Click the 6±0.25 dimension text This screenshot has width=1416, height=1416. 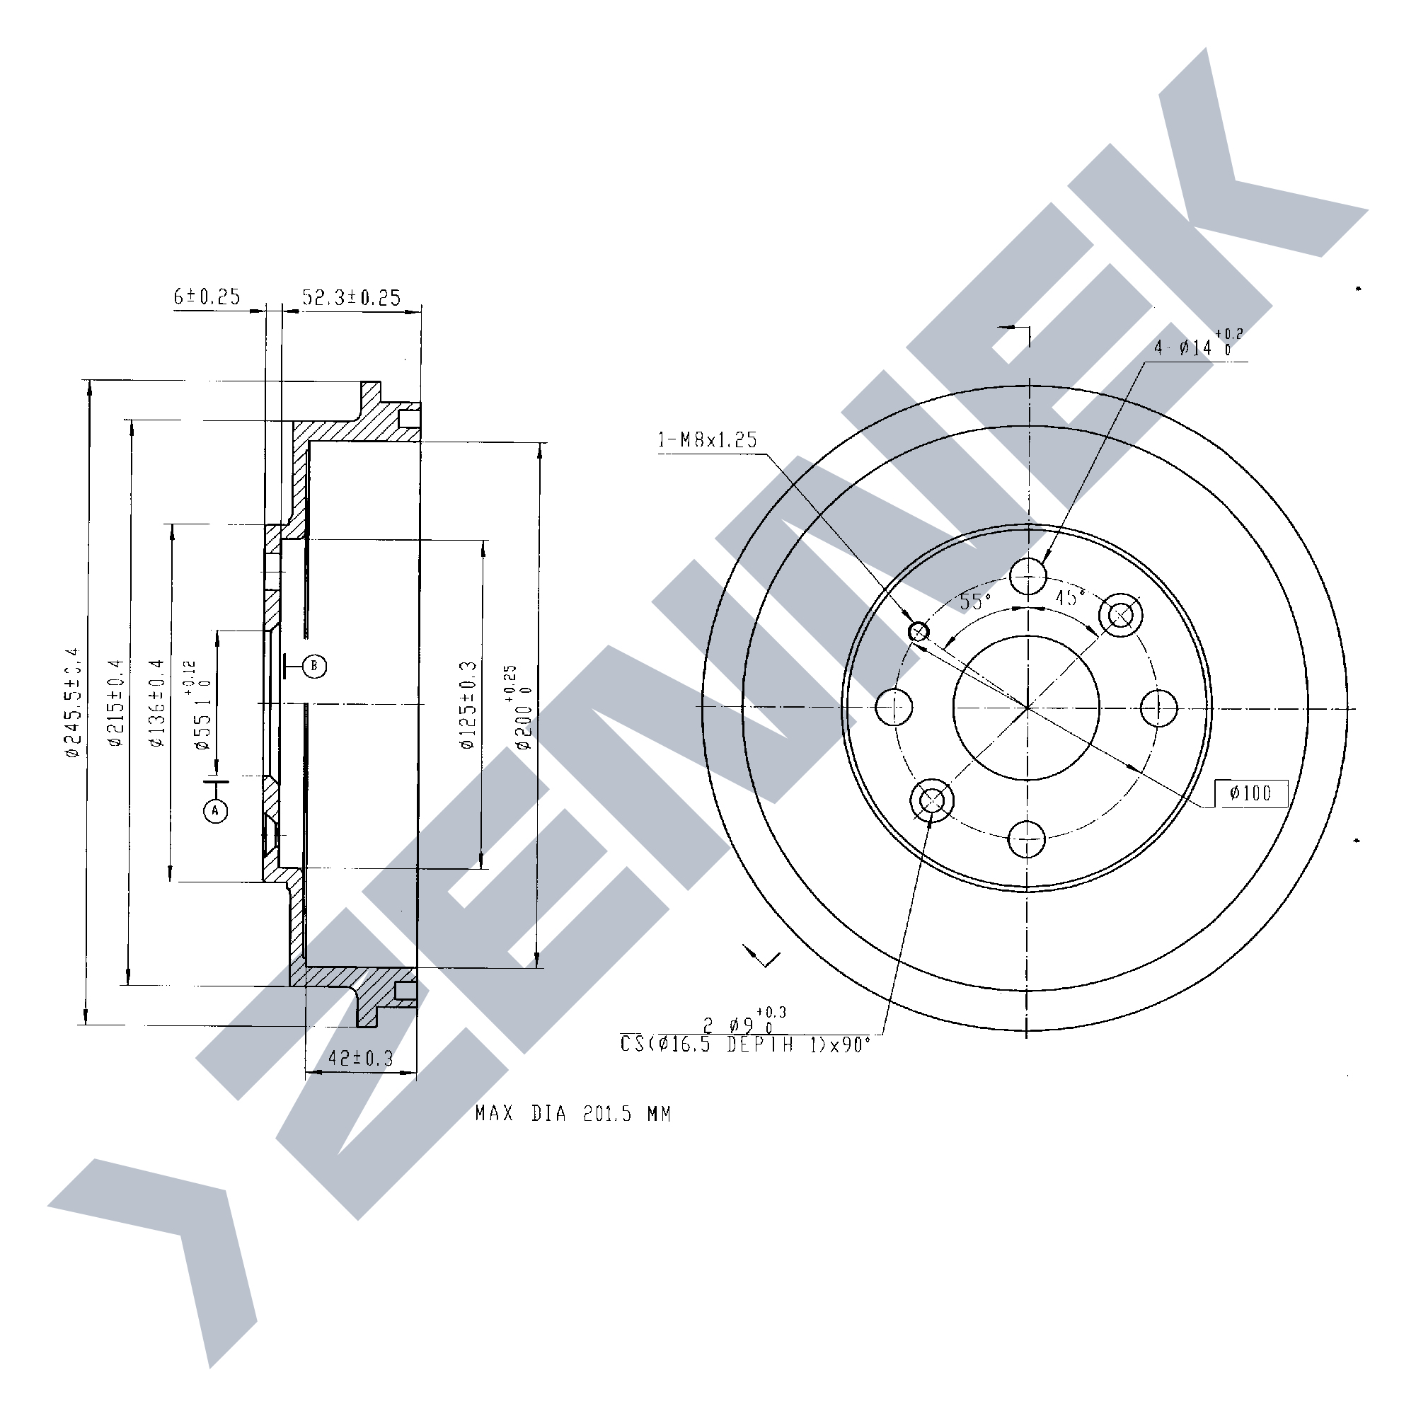click(x=207, y=297)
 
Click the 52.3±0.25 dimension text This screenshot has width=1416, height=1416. click(x=352, y=297)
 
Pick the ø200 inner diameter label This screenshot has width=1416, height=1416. click(x=522, y=707)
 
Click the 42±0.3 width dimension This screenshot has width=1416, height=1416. click(x=361, y=1059)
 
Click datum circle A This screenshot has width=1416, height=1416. click(x=215, y=811)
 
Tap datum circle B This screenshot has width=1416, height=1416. click(x=314, y=665)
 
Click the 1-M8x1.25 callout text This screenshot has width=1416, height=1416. click(x=707, y=439)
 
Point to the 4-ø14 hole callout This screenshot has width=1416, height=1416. click(x=1195, y=347)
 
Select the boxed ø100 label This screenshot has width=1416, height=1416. click(x=1250, y=793)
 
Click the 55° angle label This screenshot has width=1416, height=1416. click(x=975, y=601)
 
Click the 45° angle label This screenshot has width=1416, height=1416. click(x=1069, y=598)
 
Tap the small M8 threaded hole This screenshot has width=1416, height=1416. click(x=919, y=631)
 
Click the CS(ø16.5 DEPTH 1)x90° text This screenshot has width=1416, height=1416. click(x=745, y=1044)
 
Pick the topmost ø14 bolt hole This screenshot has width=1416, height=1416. click(x=1028, y=576)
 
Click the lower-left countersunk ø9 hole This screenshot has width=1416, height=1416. click(x=931, y=800)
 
